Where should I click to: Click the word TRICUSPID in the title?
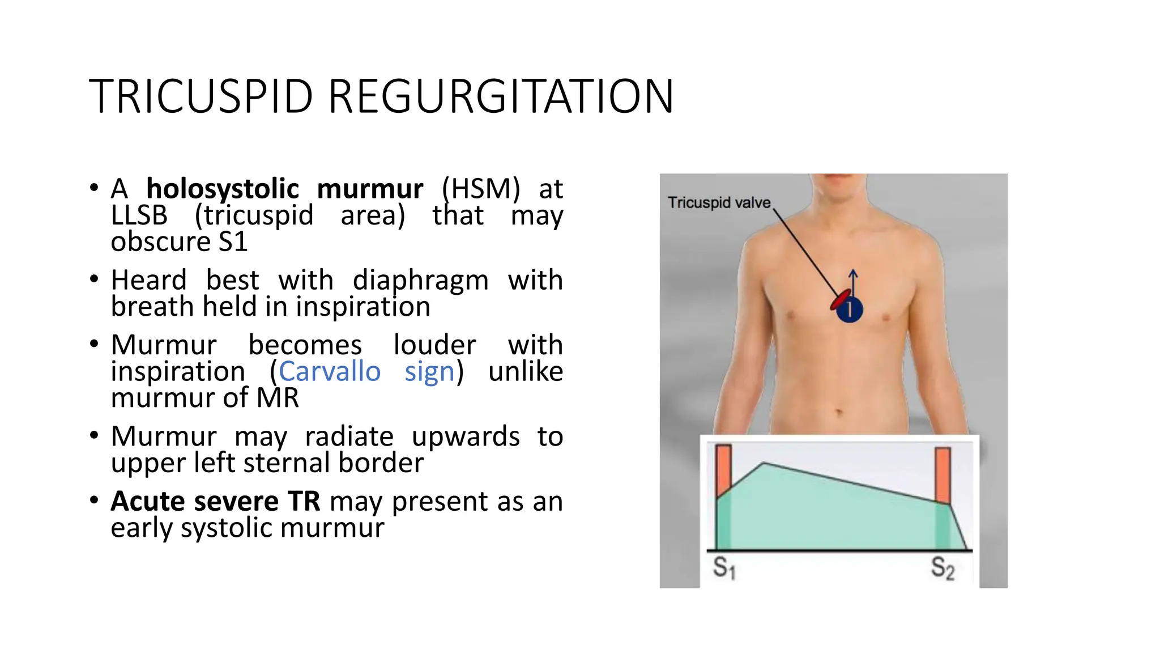(201, 96)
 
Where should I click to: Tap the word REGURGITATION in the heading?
(501, 96)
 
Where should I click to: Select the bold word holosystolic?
(222, 189)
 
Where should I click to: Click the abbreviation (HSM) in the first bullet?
(480, 189)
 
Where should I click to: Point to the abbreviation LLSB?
(139, 215)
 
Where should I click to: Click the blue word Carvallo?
(330, 372)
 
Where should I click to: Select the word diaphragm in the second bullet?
(420, 280)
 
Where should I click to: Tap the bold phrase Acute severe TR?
(215, 501)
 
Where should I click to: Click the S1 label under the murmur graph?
(723, 567)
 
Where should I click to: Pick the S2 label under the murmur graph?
(942, 567)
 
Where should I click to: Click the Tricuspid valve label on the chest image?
(719, 202)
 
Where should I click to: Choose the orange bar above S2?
(942, 474)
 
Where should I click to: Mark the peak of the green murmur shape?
(764, 464)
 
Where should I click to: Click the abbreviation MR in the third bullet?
(278, 398)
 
